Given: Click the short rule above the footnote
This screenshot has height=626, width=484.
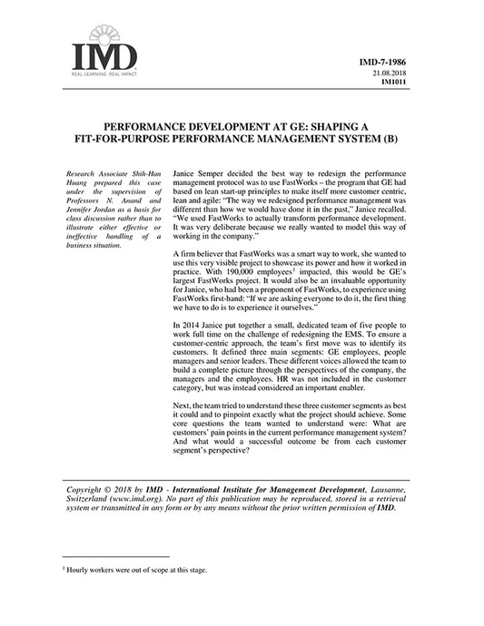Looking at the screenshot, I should (x=116, y=557).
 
